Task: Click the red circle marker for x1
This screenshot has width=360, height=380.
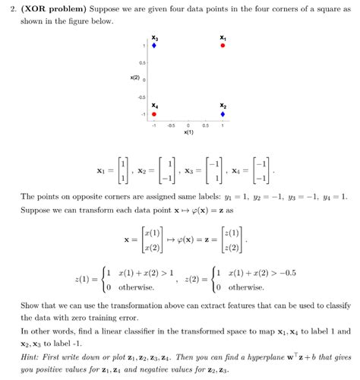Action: (223, 46)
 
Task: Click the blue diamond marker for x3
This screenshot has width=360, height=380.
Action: (154, 46)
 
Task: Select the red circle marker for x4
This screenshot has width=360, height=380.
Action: (154, 114)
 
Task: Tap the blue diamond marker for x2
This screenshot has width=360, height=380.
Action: (223, 114)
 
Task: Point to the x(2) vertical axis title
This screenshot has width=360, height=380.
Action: (134, 78)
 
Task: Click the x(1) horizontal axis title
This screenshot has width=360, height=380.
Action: (188, 132)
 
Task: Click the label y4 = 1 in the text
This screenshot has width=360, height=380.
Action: (327, 196)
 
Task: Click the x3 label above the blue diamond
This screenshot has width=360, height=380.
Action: (154, 37)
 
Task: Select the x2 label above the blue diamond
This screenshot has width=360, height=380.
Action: (223, 106)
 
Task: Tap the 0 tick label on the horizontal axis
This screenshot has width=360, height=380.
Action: (188, 125)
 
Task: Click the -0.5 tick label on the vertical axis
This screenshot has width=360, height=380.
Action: (141, 97)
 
